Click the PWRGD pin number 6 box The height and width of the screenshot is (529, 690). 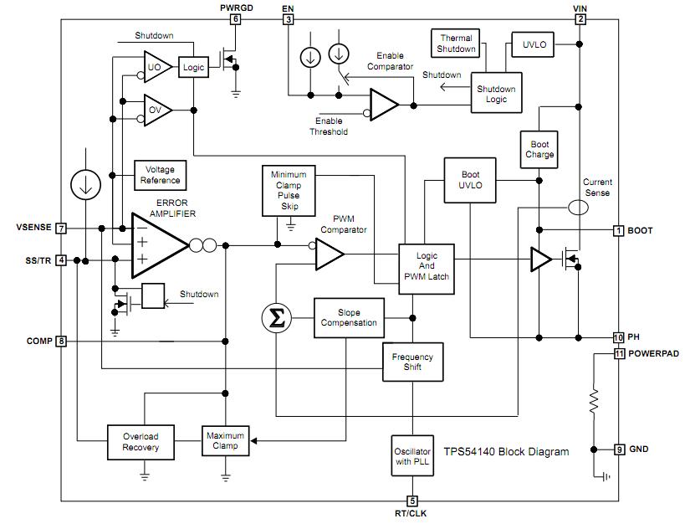pos(236,18)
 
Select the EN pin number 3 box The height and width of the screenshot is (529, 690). pos(289,18)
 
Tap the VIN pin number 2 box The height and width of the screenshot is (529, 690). pos(580,18)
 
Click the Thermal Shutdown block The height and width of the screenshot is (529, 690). pos(457,44)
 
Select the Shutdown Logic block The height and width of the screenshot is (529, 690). pos(496,95)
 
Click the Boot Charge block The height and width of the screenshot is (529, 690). pos(539,149)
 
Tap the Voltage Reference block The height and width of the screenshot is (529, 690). pos(161,175)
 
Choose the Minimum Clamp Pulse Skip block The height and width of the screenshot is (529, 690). pos(289,190)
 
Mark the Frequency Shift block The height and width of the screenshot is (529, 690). pos(412,362)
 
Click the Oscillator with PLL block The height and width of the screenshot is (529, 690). pos(412,457)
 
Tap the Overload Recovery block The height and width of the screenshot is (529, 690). pos(140,442)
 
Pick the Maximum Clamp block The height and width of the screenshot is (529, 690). pos(226,440)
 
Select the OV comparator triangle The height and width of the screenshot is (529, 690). pos(156,110)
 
